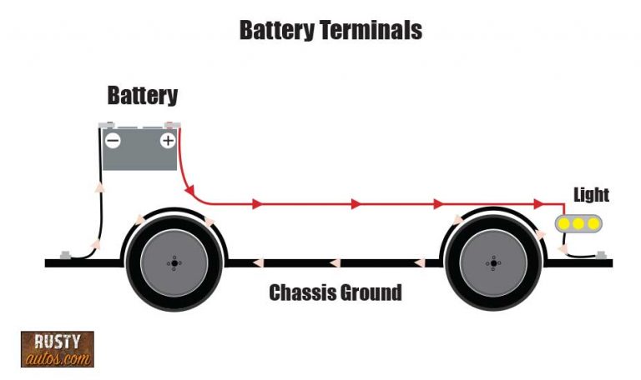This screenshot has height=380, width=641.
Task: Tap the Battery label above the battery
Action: pyautogui.click(x=143, y=95)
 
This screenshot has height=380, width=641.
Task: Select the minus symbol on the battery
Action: pyautogui.click(x=112, y=141)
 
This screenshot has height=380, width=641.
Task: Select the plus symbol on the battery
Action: pyautogui.click(x=168, y=141)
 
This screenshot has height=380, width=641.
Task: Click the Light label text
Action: pyautogui.click(x=591, y=195)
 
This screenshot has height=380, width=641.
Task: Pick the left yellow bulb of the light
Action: pyautogui.click(x=565, y=222)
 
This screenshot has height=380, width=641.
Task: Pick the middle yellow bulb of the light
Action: pyautogui.click(x=578, y=222)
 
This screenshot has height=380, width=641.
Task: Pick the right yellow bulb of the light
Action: pyautogui.click(x=592, y=222)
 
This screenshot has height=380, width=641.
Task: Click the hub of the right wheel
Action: pyautogui.click(x=493, y=263)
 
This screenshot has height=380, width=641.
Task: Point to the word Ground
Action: pyautogui.click(x=372, y=292)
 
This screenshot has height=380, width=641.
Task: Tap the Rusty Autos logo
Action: pyautogui.click(x=57, y=349)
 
